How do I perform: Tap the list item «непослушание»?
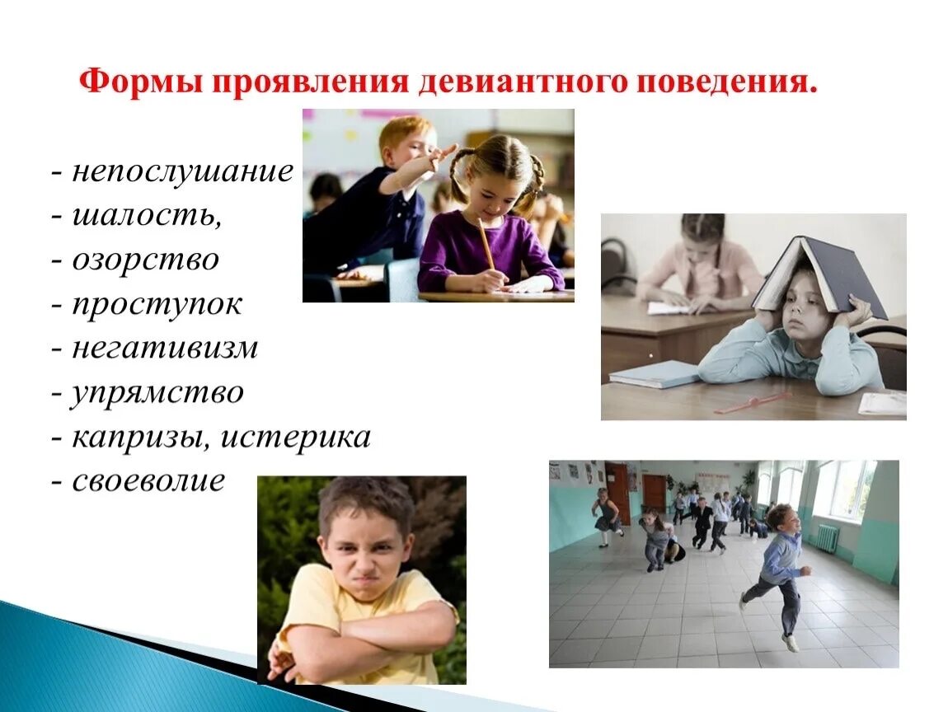[182, 171]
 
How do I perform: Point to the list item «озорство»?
[145, 260]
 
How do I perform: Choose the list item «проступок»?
[157, 304]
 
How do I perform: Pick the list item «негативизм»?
[165, 348]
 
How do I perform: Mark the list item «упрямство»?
[157, 392]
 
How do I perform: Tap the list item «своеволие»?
[148, 480]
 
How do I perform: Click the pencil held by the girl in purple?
[486, 243]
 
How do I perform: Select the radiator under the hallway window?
[827, 538]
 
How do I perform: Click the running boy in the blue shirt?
[778, 569]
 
